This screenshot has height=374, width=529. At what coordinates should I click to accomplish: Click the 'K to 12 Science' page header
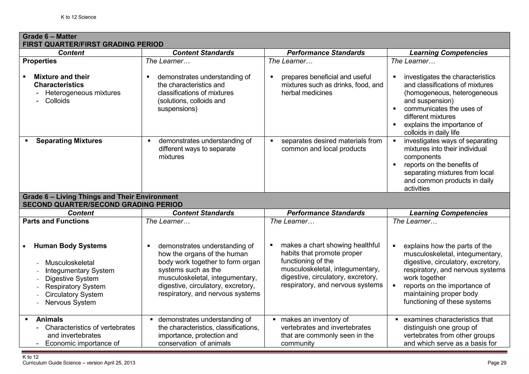pos(78,17)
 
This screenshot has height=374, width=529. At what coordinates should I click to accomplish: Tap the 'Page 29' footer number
pos(497,363)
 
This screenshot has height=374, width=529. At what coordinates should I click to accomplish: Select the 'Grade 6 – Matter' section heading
pos(50,36)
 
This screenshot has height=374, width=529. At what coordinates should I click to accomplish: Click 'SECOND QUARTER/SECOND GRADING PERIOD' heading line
pos(102,205)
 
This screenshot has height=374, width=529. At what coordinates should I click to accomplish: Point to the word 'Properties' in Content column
pos(40,61)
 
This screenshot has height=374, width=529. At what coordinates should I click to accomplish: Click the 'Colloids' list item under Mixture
pos(57,101)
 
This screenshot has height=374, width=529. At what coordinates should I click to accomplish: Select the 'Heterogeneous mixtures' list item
pos(83,93)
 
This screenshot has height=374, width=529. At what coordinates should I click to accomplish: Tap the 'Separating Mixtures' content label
pos(69,141)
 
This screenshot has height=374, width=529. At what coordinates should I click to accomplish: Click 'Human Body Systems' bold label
pos(70,246)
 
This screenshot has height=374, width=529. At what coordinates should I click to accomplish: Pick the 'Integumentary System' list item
pos(80,270)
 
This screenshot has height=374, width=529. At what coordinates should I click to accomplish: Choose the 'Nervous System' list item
pos(70,302)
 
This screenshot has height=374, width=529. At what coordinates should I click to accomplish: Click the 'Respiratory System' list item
pos(75,286)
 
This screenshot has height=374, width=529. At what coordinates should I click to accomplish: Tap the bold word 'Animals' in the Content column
pos(49,319)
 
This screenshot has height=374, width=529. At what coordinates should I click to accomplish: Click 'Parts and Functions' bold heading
pos(56,221)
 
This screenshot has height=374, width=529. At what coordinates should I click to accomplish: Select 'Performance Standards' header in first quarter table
pos(325,53)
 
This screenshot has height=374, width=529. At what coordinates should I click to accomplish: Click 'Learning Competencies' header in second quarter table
pos(448,213)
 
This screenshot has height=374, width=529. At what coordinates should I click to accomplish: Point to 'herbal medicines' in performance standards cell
pos(307,93)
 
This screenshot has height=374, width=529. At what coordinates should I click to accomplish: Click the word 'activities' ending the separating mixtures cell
pos(417,189)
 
